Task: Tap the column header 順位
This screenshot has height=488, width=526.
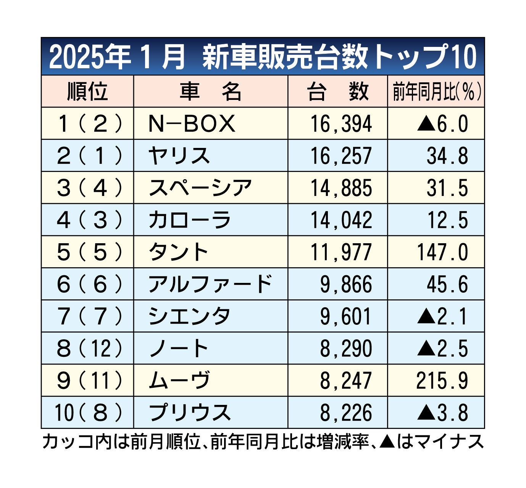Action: click(x=87, y=91)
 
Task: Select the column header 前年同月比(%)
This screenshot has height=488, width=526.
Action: click(x=436, y=92)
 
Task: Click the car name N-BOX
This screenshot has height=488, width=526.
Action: click(x=192, y=124)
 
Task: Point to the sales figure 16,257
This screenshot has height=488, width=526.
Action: click(x=341, y=156)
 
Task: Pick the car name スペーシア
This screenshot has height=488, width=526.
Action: click(x=200, y=188)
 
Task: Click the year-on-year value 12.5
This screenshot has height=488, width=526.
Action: click(x=447, y=220)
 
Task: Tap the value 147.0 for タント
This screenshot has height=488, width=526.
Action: click(x=442, y=252)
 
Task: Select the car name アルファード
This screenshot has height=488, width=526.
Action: click(x=210, y=284)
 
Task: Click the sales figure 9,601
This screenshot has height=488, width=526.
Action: click(x=345, y=316)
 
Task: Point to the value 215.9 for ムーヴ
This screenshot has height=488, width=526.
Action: click(x=442, y=380)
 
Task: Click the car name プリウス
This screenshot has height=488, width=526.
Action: click(x=190, y=413)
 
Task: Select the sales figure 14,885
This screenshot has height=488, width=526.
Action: click(x=341, y=188)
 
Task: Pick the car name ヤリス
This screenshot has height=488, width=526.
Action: click(x=179, y=156)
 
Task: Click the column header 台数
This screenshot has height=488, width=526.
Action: click(x=338, y=92)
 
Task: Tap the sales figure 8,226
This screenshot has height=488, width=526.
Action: click(x=345, y=413)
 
